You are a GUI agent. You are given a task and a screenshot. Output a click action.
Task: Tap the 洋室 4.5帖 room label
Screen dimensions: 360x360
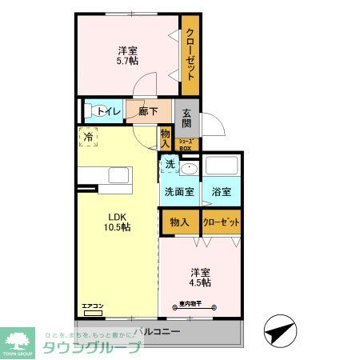pos(201,276)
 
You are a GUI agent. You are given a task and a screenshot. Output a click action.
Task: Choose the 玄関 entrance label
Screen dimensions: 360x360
pos(186,118)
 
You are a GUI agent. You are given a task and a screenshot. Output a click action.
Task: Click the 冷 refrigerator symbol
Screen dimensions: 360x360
pos(89,138)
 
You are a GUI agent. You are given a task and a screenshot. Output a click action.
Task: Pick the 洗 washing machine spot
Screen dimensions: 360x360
pos(169,164)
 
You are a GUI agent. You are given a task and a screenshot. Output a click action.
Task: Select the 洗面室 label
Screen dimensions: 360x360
pos(179,192)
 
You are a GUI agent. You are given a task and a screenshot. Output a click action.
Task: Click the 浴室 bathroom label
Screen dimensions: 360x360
pos(222,192)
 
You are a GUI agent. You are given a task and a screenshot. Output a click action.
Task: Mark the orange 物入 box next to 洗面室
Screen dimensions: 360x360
pos(179,222)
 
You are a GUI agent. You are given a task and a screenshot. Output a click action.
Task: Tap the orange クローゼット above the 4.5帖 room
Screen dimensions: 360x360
pos(222,222)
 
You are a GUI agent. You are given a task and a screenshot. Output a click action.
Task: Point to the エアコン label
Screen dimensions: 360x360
pos(94,306)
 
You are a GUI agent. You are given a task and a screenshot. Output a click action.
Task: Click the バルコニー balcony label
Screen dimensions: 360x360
pos(157,330)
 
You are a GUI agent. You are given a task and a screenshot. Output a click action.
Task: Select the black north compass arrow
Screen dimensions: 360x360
pos(278,330)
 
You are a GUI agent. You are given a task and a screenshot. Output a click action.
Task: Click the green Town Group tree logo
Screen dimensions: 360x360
pos(20,338)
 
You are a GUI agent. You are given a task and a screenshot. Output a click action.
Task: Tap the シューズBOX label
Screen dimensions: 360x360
pos(186,145)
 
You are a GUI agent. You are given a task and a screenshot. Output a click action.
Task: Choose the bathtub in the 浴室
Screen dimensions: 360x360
pos(222,166)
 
